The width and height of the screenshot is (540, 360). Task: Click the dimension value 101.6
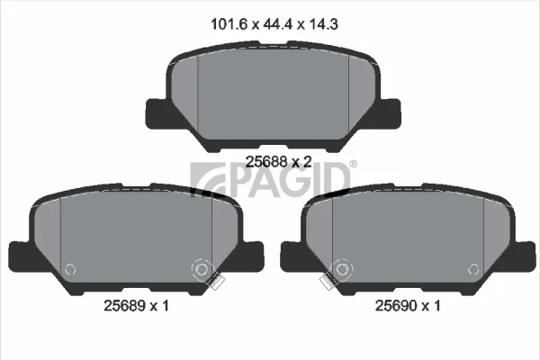pyautogui.click(x=229, y=24)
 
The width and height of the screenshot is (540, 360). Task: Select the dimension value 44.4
pyautogui.click(x=278, y=24)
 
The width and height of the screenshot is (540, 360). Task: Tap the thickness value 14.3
pyautogui.click(x=324, y=24)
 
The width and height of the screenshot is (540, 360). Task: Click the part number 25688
pyautogui.click(x=266, y=161)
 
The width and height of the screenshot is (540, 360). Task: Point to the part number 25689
pyautogui.click(x=125, y=305)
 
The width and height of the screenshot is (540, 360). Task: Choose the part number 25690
pyautogui.click(x=396, y=305)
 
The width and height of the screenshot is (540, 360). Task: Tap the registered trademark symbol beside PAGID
pyautogui.click(x=354, y=164)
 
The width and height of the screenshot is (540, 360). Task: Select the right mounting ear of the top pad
pyautogui.click(x=390, y=114)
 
